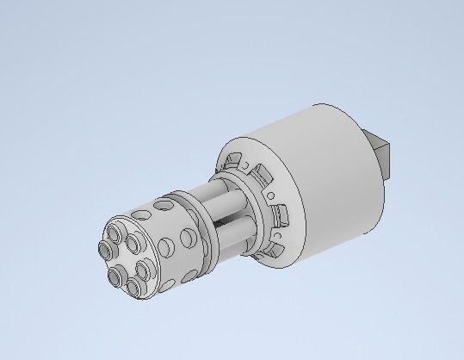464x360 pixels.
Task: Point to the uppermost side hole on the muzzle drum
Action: pyautogui.click(x=162, y=206)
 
